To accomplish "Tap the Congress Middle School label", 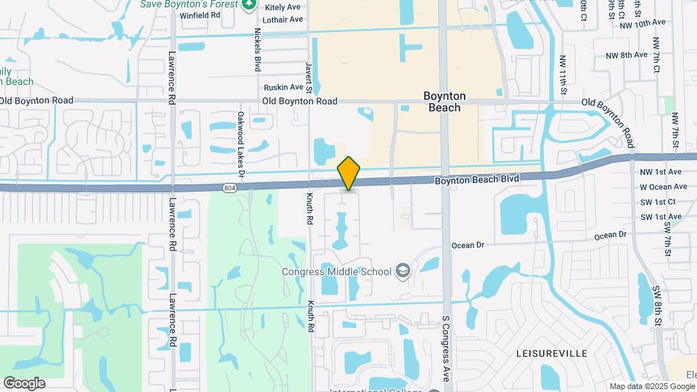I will click(x=337, y=271).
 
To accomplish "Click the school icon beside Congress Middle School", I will click(x=402, y=271).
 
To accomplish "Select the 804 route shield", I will click(x=229, y=188).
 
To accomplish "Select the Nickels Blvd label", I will click(x=257, y=49).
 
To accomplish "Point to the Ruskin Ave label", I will click(x=283, y=87).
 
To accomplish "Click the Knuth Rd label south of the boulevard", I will click(x=310, y=316).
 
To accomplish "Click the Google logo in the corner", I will click(x=24, y=383).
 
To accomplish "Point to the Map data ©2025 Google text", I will click(x=652, y=386).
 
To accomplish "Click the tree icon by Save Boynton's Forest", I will click(x=249, y=5).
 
